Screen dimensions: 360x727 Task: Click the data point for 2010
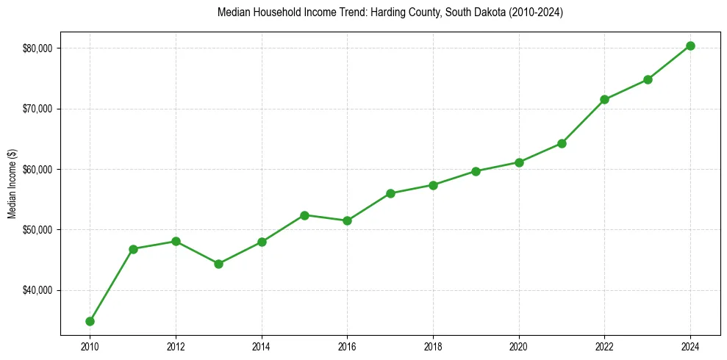[x=90, y=321]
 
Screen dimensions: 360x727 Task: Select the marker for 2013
[x=218, y=264]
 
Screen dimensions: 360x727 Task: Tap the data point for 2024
[x=690, y=46]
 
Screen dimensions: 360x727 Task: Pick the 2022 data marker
[x=604, y=99]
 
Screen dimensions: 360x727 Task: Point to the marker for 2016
[x=347, y=220]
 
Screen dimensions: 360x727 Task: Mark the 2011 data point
[x=133, y=249]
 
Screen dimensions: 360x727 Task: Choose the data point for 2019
[x=476, y=171]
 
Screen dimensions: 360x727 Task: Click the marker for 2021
[x=562, y=143]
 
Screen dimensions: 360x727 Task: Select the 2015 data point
[x=304, y=215]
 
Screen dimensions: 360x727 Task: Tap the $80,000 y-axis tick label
[x=37, y=48]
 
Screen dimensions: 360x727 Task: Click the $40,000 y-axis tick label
[x=37, y=290]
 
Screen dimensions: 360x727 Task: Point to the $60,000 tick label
[x=37, y=170]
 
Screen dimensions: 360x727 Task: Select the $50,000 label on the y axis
[x=37, y=230]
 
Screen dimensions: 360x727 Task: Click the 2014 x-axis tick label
[x=261, y=346]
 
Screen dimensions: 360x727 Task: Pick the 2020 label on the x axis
[x=519, y=346]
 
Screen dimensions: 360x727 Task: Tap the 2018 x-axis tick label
[x=433, y=346]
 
